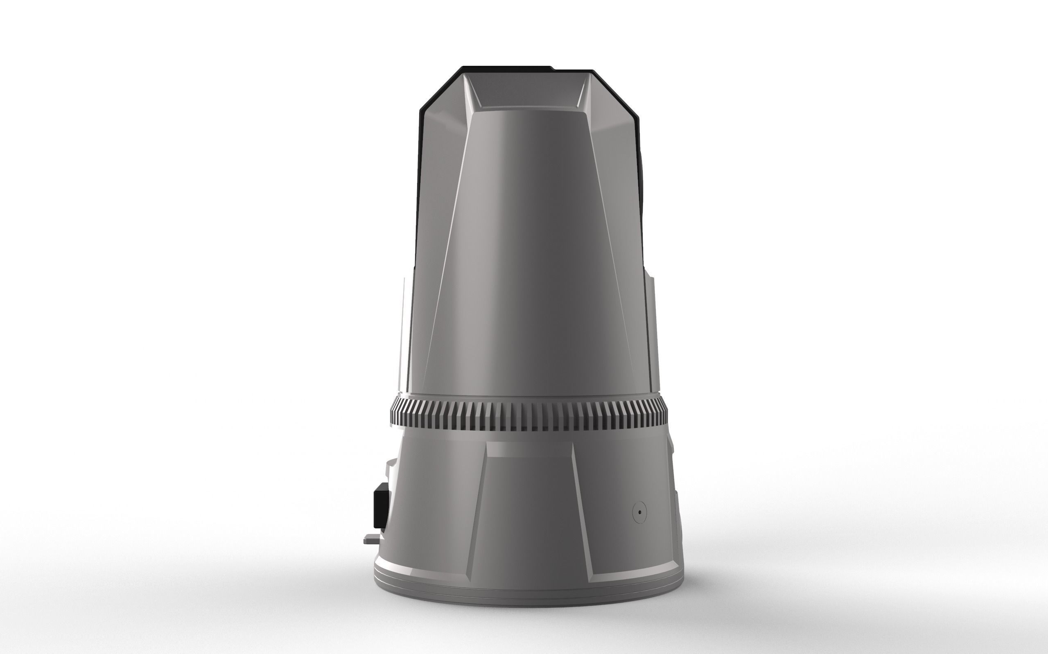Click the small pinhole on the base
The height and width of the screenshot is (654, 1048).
639,512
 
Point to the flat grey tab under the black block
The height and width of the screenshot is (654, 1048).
370,539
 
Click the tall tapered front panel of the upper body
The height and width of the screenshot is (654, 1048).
528,251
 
